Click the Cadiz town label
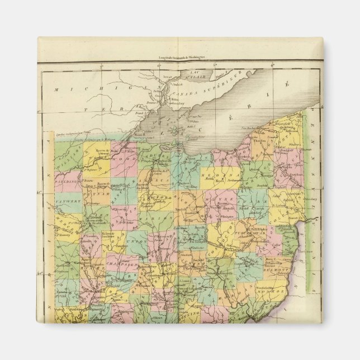point(275,244)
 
